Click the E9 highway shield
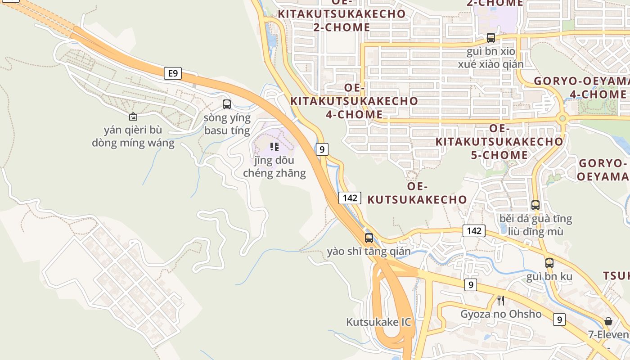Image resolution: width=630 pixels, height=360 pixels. coord(172,73)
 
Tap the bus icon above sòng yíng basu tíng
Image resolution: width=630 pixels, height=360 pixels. coord(227,104)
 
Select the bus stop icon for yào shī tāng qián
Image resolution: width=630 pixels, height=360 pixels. coord(369,238)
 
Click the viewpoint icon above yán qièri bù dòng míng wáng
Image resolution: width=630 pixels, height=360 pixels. coord(133,117)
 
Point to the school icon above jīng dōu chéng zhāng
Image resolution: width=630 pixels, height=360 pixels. coord(274,147)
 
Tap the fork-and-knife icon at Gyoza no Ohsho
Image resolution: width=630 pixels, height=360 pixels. coord(500,300)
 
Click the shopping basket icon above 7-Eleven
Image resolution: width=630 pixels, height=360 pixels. coord(608,321)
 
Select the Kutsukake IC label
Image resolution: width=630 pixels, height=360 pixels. coord(378,322)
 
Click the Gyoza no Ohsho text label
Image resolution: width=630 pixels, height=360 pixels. coord(501,314)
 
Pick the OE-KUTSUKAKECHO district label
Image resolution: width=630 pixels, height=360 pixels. coord(417,193)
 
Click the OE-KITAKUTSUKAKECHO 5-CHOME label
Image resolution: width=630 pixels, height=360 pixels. coord(499,142)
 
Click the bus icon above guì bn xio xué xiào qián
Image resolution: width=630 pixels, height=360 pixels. coord(491,38)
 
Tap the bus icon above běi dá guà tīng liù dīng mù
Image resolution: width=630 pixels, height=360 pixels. coord(535,205)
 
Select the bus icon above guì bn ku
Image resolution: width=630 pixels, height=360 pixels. coord(549,263)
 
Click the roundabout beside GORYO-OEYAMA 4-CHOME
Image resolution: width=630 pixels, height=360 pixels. coord(562,119)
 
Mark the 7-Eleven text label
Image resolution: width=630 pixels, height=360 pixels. coord(608,335)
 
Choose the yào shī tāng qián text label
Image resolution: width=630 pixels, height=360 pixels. coord(369,251)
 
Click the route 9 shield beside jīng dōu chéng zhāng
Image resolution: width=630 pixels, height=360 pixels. coord(322,149)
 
